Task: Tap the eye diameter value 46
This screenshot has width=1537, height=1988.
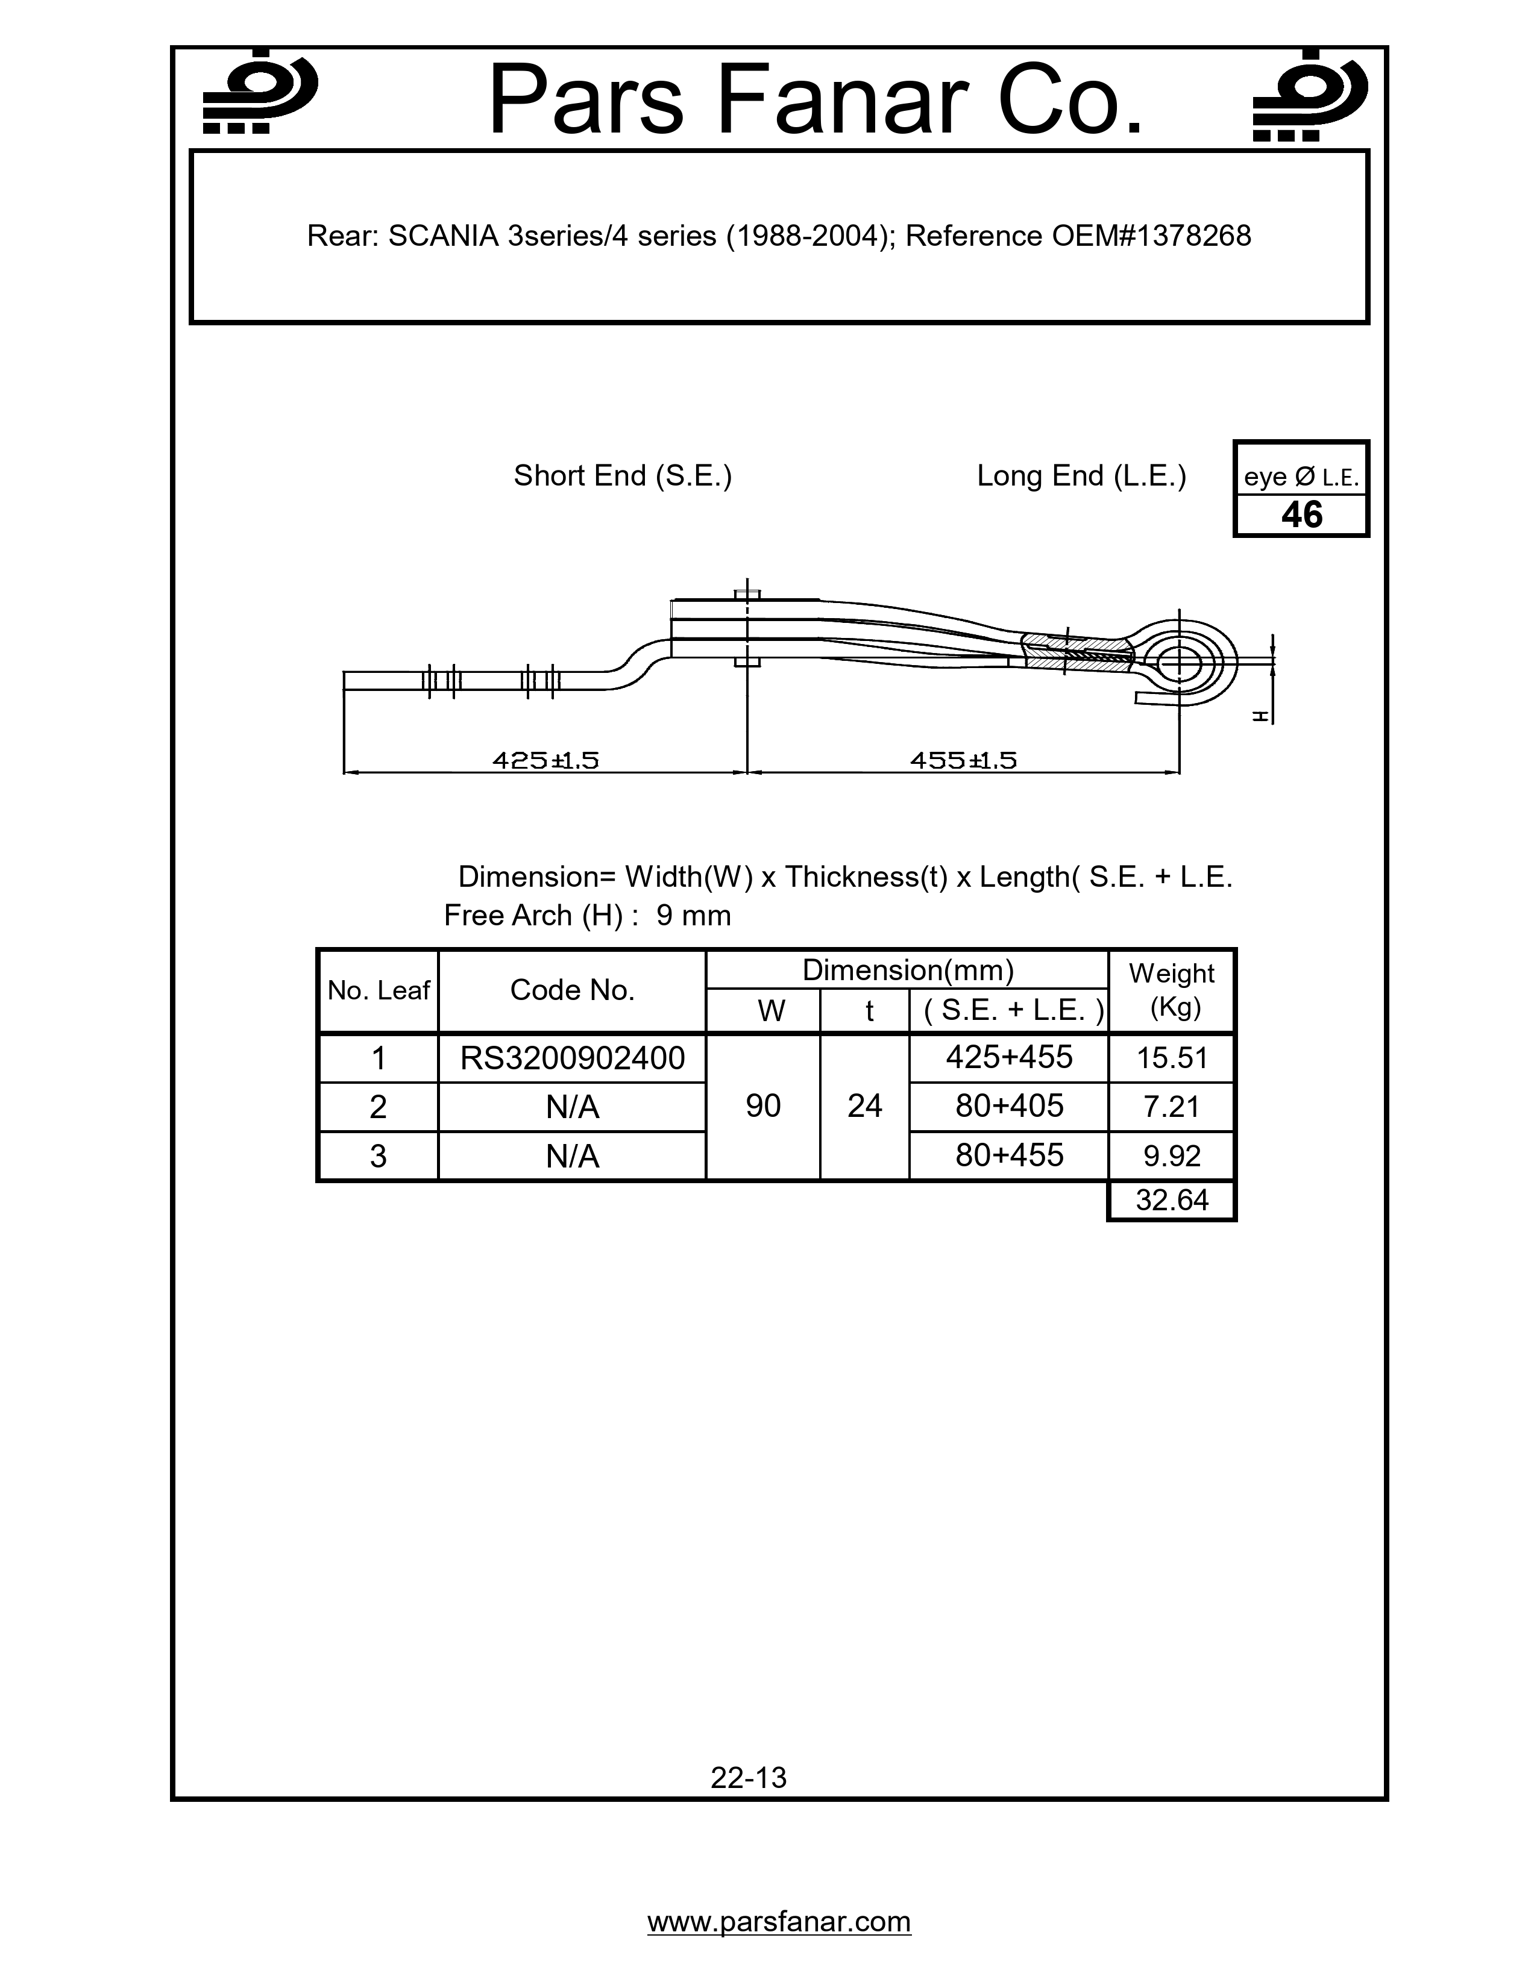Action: point(1301,515)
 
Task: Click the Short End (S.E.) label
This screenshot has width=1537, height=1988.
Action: point(622,475)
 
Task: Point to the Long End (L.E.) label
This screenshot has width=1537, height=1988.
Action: point(1081,475)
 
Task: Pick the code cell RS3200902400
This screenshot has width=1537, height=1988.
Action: point(572,1058)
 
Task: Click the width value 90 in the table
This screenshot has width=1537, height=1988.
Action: point(763,1106)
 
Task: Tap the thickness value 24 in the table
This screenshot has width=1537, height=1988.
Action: point(864,1106)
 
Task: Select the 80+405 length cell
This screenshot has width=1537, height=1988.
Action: point(1009,1106)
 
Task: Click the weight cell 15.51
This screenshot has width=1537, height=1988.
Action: point(1172,1058)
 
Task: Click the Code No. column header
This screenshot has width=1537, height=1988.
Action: point(572,990)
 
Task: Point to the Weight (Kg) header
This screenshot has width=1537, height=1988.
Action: point(1172,990)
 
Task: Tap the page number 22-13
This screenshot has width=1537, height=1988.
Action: point(749,1777)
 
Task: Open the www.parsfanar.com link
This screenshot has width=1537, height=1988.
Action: point(779,1922)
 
